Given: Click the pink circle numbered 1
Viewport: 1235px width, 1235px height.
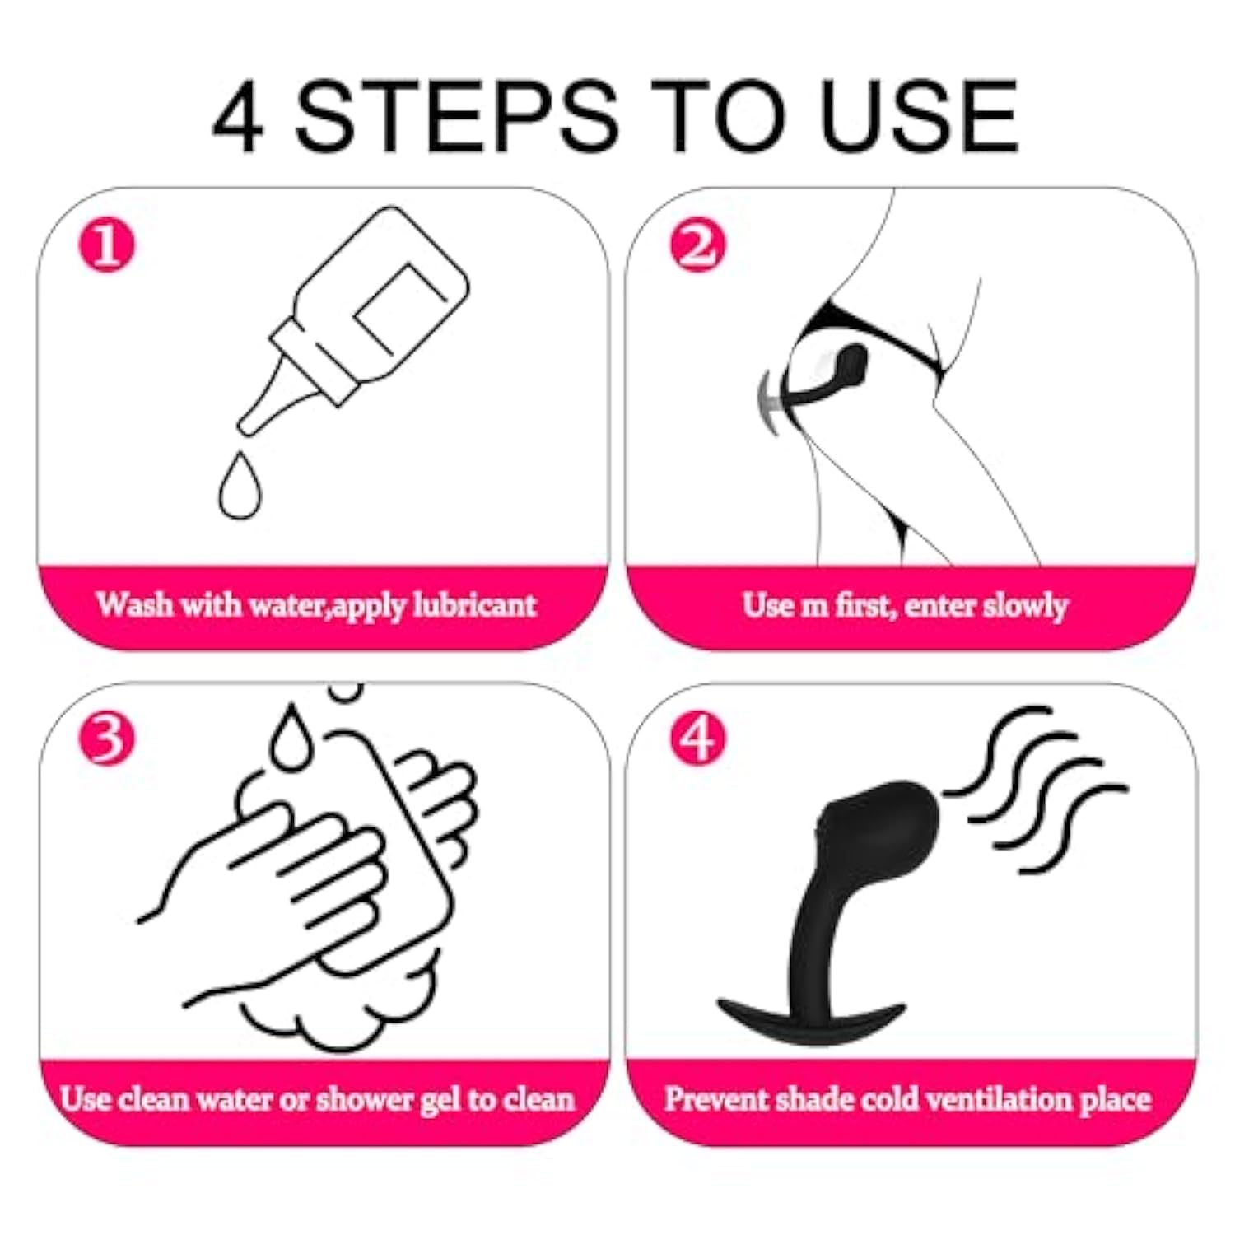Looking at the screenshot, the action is pos(106,245).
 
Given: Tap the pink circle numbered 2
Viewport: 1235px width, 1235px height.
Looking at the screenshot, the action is pos(697,245).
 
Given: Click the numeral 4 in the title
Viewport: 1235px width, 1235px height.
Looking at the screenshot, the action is pos(237,116).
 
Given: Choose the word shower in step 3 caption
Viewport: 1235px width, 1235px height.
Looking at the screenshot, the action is pos(366,1098).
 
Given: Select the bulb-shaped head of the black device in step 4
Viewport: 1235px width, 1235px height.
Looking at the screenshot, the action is pos(880,827).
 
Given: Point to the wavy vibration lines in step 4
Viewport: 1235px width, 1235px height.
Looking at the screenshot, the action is pos(1036,789).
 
